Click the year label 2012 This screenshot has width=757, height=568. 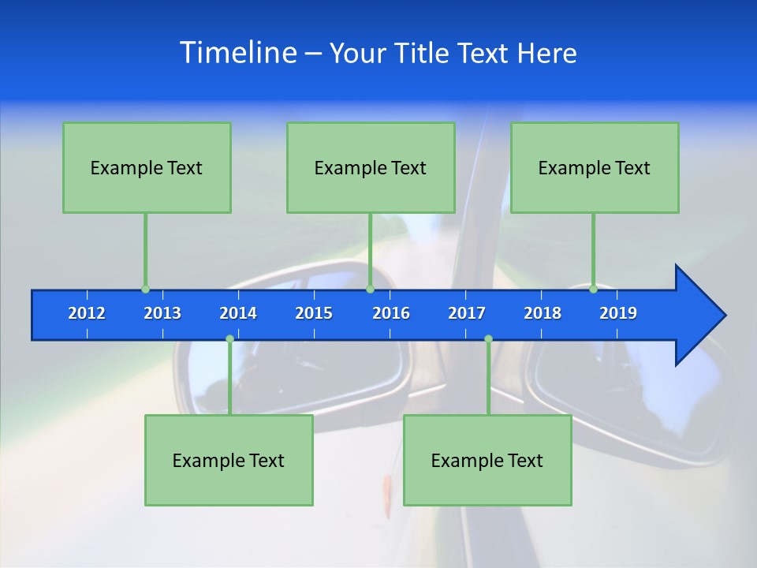pos(87,313)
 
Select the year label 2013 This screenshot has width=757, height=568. pos(162,313)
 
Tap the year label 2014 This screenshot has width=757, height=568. pos(238,313)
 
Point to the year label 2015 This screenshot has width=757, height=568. pos(314,313)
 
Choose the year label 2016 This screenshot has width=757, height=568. pos(391,313)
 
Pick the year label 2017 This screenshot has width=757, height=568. pos(467,313)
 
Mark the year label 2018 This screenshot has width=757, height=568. pos(543,313)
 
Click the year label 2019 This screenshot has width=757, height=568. pos(618,313)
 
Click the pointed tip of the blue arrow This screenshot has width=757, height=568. pos(724,316)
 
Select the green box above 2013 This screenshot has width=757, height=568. pos(147,167)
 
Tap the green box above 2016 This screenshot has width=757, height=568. pos(371,167)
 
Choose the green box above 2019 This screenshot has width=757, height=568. pos(595,167)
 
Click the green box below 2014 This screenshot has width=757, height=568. pos(229,460)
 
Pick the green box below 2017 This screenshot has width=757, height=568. pos(487,460)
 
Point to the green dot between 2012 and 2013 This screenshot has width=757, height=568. pos(145,290)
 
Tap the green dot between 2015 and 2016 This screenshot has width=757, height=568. pos(370,290)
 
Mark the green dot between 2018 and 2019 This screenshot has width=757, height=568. pos(593,290)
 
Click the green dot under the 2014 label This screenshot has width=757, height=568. pos(229,339)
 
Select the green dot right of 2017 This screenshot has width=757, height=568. pos(488,339)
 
